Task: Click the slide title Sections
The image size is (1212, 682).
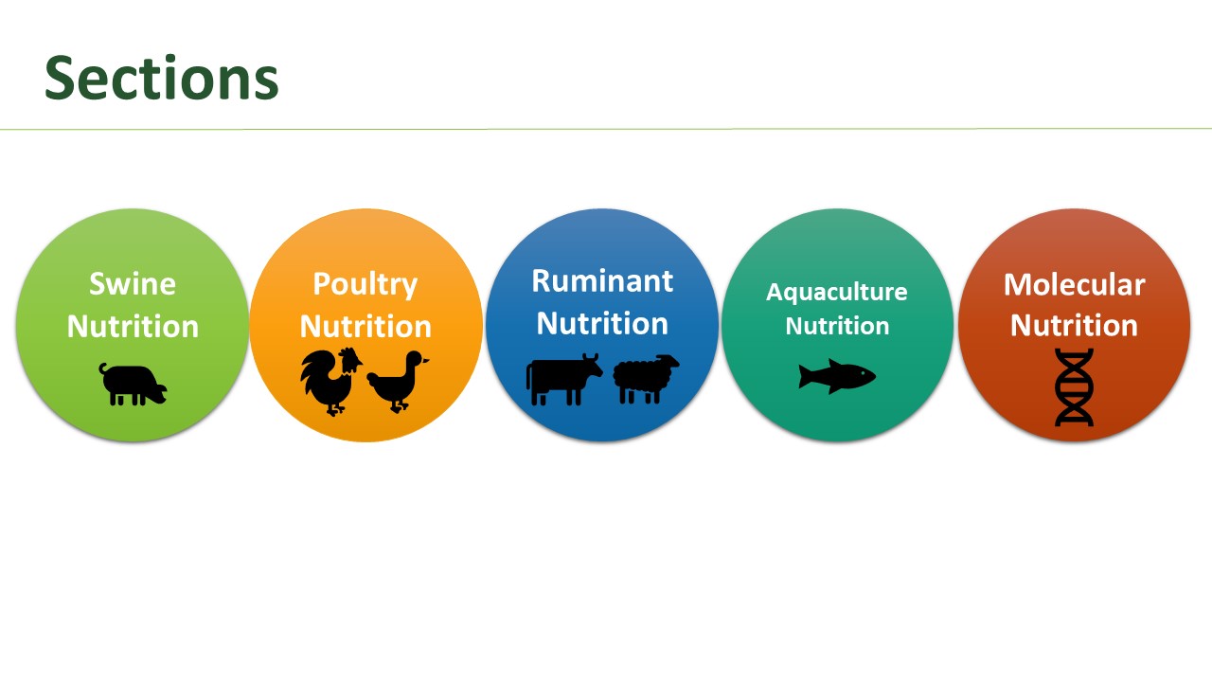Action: coord(161,78)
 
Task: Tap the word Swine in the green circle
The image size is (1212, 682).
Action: coord(133,283)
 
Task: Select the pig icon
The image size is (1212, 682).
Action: coord(133,385)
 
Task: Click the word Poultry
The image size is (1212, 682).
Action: coord(365,285)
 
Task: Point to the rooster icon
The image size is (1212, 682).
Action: coord(331,382)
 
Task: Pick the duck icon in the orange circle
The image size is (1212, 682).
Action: coord(398,382)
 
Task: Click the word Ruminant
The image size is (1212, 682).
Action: coord(602,281)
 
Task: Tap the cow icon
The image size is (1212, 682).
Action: coord(563,380)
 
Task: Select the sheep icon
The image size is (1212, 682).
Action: coord(646,379)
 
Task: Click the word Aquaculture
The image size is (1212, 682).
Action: coord(836,293)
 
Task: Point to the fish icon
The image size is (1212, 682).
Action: coord(837,376)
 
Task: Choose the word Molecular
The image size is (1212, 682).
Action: coord(1074,284)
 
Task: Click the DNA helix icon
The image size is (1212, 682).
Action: coord(1074,387)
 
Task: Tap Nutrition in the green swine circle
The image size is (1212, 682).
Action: coord(133,327)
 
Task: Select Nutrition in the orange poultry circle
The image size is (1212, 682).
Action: coord(365,327)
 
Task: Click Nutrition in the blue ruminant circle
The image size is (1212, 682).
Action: coord(602,323)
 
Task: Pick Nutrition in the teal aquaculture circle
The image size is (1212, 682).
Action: coord(837,326)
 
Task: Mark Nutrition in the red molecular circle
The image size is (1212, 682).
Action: coord(1074,325)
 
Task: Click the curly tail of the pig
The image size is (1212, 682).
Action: coord(101,369)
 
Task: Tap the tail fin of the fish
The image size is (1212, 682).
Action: coord(805,377)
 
